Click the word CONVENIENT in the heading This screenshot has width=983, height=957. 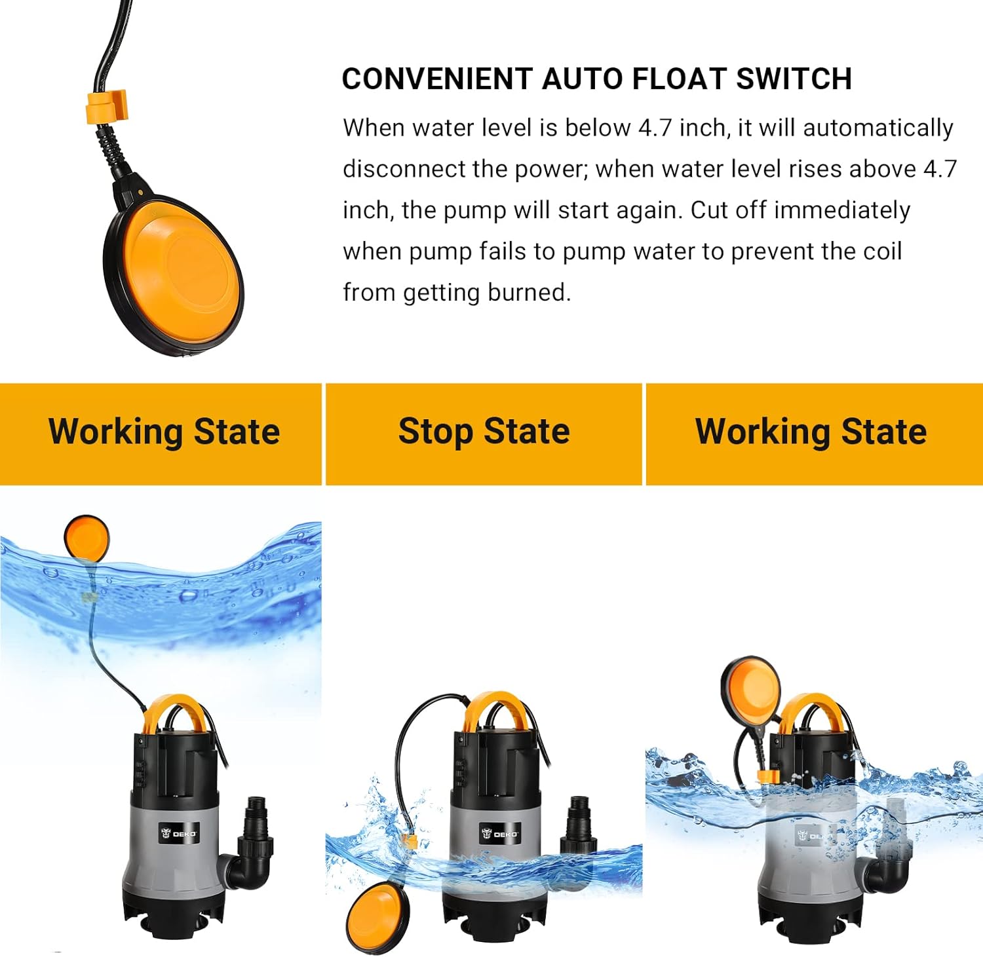(437, 79)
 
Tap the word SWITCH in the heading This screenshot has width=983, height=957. (794, 79)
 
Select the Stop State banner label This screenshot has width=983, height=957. (484, 432)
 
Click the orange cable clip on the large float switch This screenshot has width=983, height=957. (107, 106)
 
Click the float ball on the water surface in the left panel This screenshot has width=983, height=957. (87, 538)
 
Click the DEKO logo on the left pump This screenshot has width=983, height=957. (179, 834)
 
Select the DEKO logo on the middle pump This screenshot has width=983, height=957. (500, 834)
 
